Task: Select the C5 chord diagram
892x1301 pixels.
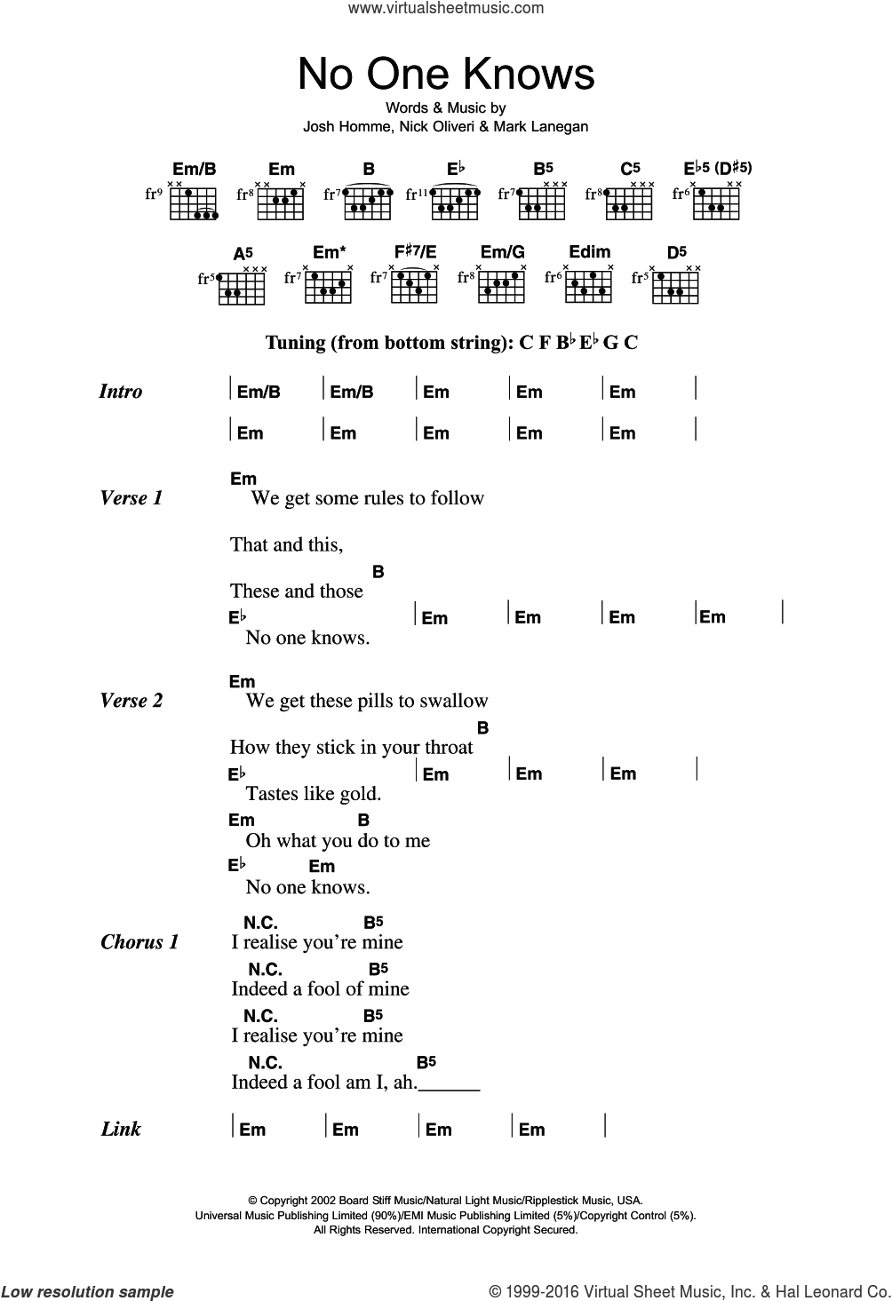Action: [630, 202]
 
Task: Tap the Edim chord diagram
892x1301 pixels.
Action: [589, 284]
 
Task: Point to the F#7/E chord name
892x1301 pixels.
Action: [415, 252]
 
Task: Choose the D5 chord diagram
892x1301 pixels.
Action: [676, 284]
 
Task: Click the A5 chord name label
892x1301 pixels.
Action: [242, 254]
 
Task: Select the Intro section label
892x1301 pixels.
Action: [121, 392]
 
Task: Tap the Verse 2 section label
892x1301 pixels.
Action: [131, 701]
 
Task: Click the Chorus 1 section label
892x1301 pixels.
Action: [139, 942]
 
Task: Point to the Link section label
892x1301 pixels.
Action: [121, 1130]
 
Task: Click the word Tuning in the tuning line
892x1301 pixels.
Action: [296, 342]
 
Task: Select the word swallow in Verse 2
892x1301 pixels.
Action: [455, 701]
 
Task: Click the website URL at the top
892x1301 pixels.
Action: [446, 8]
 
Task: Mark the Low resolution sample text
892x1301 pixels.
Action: [88, 1292]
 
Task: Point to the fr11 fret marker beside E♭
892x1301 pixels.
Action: [417, 193]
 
